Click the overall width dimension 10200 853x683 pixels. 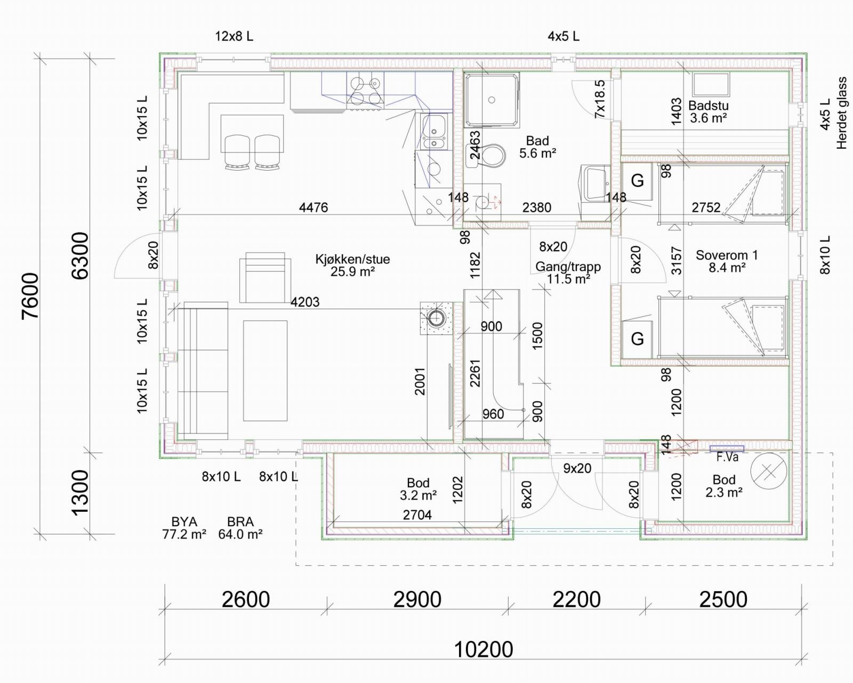pyautogui.click(x=483, y=649)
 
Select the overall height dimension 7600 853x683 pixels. pyautogui.click(x=30, y=296)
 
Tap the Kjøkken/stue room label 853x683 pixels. pyautogui.click(x=352, y=265)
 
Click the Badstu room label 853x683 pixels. pyautogui.click(x=709, y=112)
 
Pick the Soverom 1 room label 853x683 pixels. pyautogui.click(x=727, y=261)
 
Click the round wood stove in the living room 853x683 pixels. pyautogui.click(x=436, y=318)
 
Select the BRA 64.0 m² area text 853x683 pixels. pyautogui.click(x=240, y=528)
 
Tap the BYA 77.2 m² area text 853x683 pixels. pyautogui.click(x=184, y=528)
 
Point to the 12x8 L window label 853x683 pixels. pyautogui.click(x=234, y=36)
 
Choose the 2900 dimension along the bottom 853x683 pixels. pyautogui.click(x=417, y=599)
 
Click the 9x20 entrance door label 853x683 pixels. pyautogui.click(x=577, y=468)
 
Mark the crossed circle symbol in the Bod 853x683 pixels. pyautogui.click(x=769, y=471)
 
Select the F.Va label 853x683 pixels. pyautogui.click(x=727, y=457)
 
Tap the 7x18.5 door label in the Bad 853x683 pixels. pyautogui.click(x=600, y=99)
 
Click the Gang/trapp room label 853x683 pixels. pyautogui.click(x=568, y=273)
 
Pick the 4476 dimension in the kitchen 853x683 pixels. pyautogui.click(x=313, y=207)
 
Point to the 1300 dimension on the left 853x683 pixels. pyautogui.click(x=81, y=493)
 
